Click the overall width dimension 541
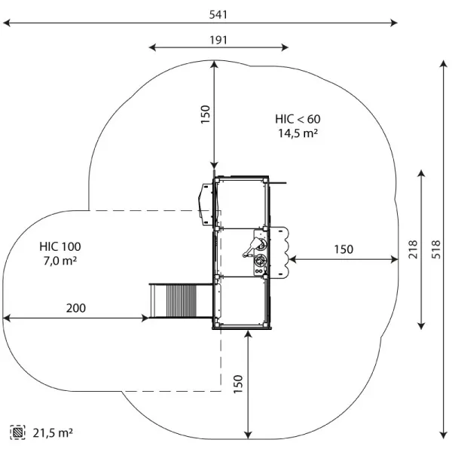click(x=218, y=14)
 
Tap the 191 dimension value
click(x=218, y=40)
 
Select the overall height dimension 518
click(x=436, y=249)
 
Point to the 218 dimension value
click(x=413, y=249)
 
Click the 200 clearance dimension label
click(x=76, y=308)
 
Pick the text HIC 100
click(x=60, y=247)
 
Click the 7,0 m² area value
click(x=60, y=261)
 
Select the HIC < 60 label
click(x=298, y=119)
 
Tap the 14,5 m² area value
click(x=298, y=133)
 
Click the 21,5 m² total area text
click(x=53, y=432)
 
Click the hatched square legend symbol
click(x=17, y=432)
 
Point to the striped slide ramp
click(x=182, y=301)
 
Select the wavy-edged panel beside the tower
click(x=280, y=252)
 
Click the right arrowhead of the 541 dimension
click(x=395, y=23)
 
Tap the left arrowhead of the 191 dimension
click(x=152, y=47)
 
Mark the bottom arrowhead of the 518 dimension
click(x=444, y=435)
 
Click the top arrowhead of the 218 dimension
click(x=421, y=173)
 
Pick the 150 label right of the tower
click(x=344, y=249)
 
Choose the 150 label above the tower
click(x=205, y=115)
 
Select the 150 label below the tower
click(x=238, y=384)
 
